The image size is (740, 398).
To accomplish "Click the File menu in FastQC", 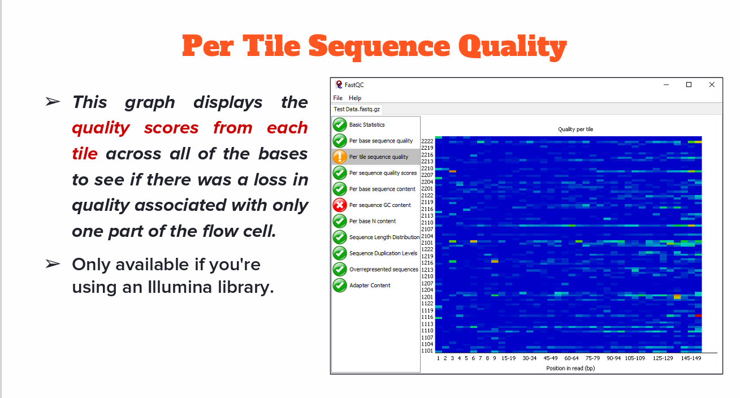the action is coord(337,98).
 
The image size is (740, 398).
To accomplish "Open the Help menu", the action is coord(355,98).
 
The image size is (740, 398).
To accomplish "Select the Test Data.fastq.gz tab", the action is coord(357,109).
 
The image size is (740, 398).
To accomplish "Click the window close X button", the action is coord(712,85).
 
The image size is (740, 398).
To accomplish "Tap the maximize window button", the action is coord(689,85).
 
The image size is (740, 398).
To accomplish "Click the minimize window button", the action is coord(666,85).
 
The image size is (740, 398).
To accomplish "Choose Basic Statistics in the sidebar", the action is coord(367,124).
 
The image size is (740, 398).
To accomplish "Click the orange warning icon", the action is coord(340,157).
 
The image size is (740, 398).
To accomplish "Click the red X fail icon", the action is coord(340,205).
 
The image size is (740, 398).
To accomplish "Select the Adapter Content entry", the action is coord(370,285).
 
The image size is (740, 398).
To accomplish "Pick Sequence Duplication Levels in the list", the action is coord(383,253).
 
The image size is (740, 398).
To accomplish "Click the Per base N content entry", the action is coord(373,221).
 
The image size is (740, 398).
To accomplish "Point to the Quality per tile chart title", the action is coord(575,129).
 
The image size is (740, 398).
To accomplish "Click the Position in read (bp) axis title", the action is coord(570,368).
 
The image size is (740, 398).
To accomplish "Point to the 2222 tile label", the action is coord(427,141).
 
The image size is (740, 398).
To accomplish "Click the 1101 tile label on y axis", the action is coord(427,351).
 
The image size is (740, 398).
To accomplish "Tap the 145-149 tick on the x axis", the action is coord(691,358).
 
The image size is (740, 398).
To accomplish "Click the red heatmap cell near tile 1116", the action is coord(698,316).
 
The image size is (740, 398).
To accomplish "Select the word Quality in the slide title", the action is coord(513,47).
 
